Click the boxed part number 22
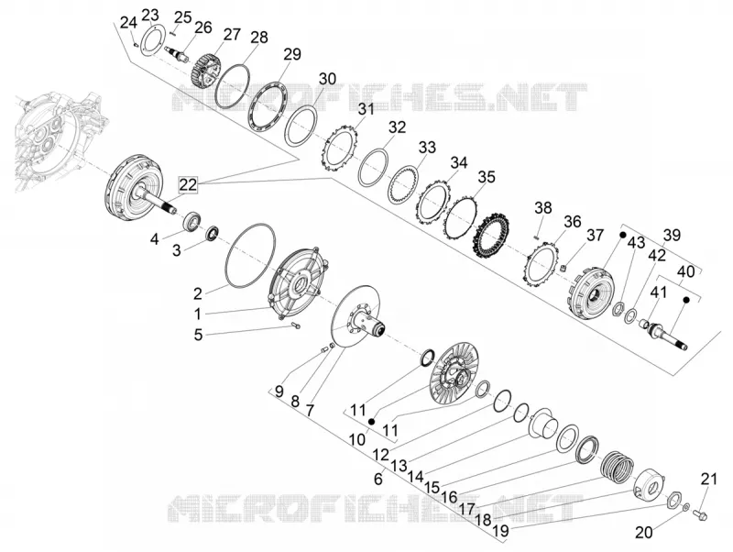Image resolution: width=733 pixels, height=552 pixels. pos(189,185)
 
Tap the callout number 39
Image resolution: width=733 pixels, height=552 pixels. pos(672,235)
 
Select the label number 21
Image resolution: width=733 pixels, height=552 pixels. pos(708,479)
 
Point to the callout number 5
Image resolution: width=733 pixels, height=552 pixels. pos(199,335)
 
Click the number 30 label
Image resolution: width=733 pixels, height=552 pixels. pos(327,79)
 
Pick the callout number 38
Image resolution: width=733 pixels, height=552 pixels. pos(542,207)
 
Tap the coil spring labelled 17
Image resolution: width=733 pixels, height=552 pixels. pos(617,467)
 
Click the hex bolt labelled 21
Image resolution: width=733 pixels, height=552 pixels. pos(699,514)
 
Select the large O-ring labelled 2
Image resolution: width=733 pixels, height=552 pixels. pos(250,255)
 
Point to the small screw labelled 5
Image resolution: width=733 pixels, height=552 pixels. pos(295,326)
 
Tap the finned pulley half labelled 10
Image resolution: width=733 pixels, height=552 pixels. pos(450,372)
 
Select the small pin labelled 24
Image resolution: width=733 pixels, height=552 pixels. pos(135,45)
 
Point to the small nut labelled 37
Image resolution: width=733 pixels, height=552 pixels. pos(564,268)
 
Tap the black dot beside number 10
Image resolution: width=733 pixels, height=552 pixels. pos(372,422)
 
